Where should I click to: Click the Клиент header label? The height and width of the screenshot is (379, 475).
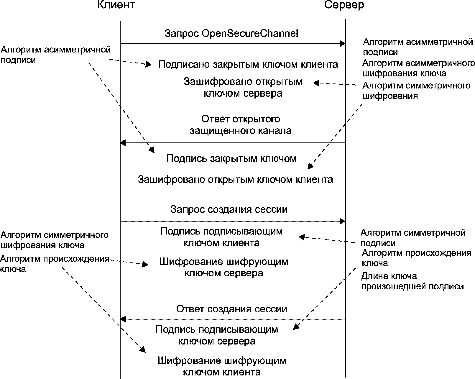click(x=116, y=5)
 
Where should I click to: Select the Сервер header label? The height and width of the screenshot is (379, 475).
click(x=344, y=5)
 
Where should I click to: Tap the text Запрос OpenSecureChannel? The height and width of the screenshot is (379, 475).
click(x=231, y=33)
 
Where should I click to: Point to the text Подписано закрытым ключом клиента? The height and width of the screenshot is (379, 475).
click(x=248, y=64)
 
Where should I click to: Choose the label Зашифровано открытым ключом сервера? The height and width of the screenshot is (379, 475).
click(x=243, y=87)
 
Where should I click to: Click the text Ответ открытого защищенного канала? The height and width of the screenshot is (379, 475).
click(x=241, y=125)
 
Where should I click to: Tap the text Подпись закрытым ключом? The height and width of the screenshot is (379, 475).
click(x=231, y=159)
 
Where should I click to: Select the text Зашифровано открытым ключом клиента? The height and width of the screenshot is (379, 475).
click(x=235, y=179)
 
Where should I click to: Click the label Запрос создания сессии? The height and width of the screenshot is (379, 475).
click(x=229, y=209)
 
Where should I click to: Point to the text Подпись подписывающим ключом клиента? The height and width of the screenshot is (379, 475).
click(x=221, y=237)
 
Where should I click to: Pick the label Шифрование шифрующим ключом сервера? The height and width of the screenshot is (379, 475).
click(x=224, y=267)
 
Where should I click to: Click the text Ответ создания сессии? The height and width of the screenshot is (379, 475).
click(x=231, y=309)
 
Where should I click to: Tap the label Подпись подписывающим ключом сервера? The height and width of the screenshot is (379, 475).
click(x=217, y=335)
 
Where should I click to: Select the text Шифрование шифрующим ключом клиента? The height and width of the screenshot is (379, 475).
click(x=222, y=366)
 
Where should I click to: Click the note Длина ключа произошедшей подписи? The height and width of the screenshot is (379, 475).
click(x=412, y=281)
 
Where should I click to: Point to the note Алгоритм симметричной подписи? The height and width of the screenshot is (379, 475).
click(x=413, y=238)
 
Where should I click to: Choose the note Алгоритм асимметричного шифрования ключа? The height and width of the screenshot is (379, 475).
click(x=418, y=68)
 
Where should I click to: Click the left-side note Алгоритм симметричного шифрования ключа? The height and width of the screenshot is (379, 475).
click(x=55, y=240)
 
